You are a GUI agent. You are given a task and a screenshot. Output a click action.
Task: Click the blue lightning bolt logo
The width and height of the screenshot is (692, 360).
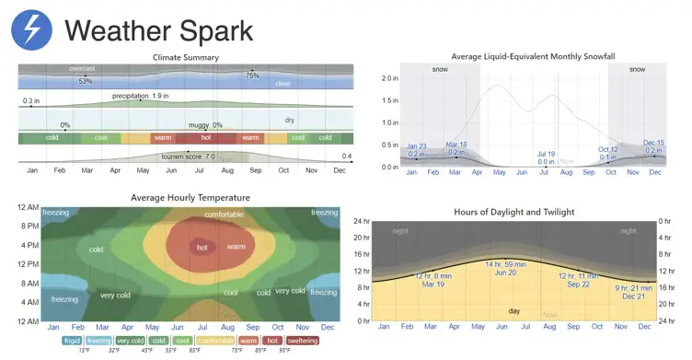(32, 31)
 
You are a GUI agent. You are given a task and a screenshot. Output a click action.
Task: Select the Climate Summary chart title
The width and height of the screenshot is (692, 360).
(185, 58)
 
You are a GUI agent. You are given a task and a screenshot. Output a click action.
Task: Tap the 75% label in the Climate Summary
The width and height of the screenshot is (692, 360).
(252, 75)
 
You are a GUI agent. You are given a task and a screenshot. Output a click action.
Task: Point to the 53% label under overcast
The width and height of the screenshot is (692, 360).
(85, 81)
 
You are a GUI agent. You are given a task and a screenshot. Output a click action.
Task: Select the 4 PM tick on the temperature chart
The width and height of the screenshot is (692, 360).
(27, 244)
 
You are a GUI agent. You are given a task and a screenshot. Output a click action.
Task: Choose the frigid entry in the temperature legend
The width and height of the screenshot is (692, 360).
(71, 341)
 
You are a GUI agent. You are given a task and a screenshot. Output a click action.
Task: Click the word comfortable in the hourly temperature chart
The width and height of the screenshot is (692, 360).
(224, 215)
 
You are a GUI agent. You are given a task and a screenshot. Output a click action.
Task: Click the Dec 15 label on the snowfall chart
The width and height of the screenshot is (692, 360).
(653, 143)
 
